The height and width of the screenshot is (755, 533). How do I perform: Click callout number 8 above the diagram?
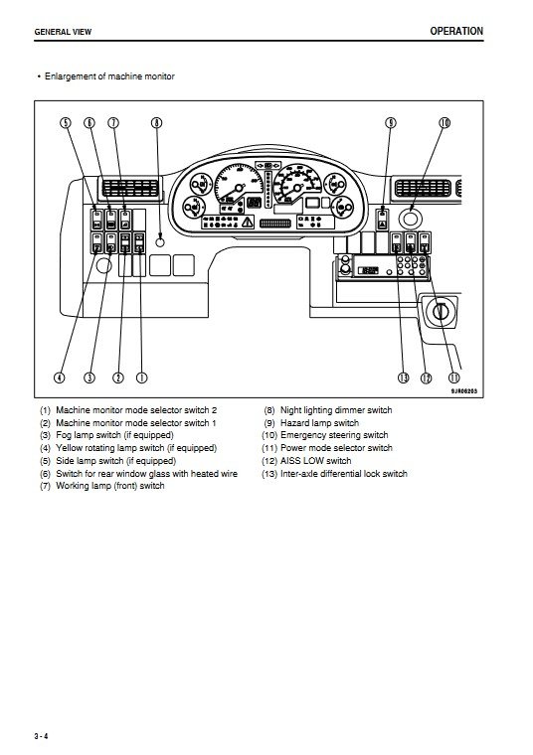(x=157, y=123)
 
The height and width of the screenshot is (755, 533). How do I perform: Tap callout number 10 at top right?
(x=444, y=123)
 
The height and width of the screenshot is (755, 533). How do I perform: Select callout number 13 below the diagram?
(x=404, y=377)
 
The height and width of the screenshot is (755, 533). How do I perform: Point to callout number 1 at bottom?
(x=141, y=377)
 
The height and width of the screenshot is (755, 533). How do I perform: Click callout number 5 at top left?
(x=66, y=123)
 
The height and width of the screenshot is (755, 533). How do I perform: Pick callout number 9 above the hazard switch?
(x=391, y=123)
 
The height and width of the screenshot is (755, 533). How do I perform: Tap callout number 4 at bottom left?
(x=60, y=377)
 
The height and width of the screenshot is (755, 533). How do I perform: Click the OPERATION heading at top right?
(x=456, y=32)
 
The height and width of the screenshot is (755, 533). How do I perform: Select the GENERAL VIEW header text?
(x=63, y=32)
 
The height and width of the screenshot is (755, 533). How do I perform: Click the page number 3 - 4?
(x=42, y=736)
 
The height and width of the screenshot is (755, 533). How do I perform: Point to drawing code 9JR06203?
(x=464, y=391)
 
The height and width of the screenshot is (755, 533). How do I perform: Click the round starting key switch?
(x=440, y=311)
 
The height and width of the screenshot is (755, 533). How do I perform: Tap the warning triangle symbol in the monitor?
(x=248, y=223)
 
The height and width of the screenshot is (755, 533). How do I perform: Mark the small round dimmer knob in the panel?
(x=160, y=241)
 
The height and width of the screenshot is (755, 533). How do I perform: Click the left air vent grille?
(x=130, y=188)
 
